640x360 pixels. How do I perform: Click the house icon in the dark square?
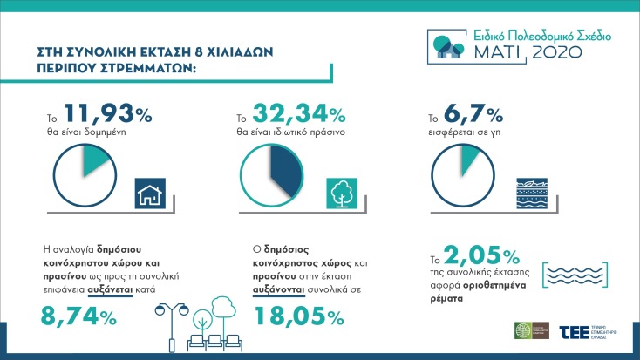coord(151,192)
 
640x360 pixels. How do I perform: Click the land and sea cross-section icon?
coord(531,192)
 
